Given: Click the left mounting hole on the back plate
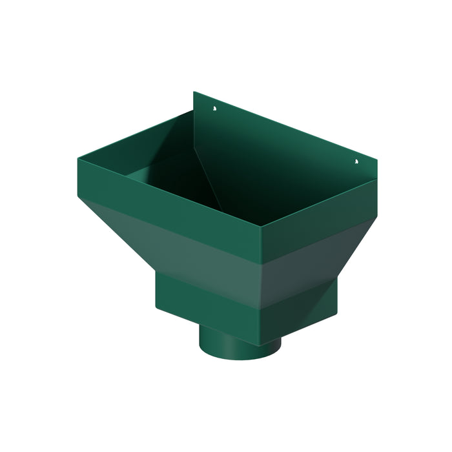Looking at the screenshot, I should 214,109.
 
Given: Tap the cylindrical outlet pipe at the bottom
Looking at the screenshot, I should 239,342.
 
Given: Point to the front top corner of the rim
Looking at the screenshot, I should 261,227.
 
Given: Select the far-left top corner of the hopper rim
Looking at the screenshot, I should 76,157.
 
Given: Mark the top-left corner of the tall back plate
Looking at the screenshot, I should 194,92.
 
